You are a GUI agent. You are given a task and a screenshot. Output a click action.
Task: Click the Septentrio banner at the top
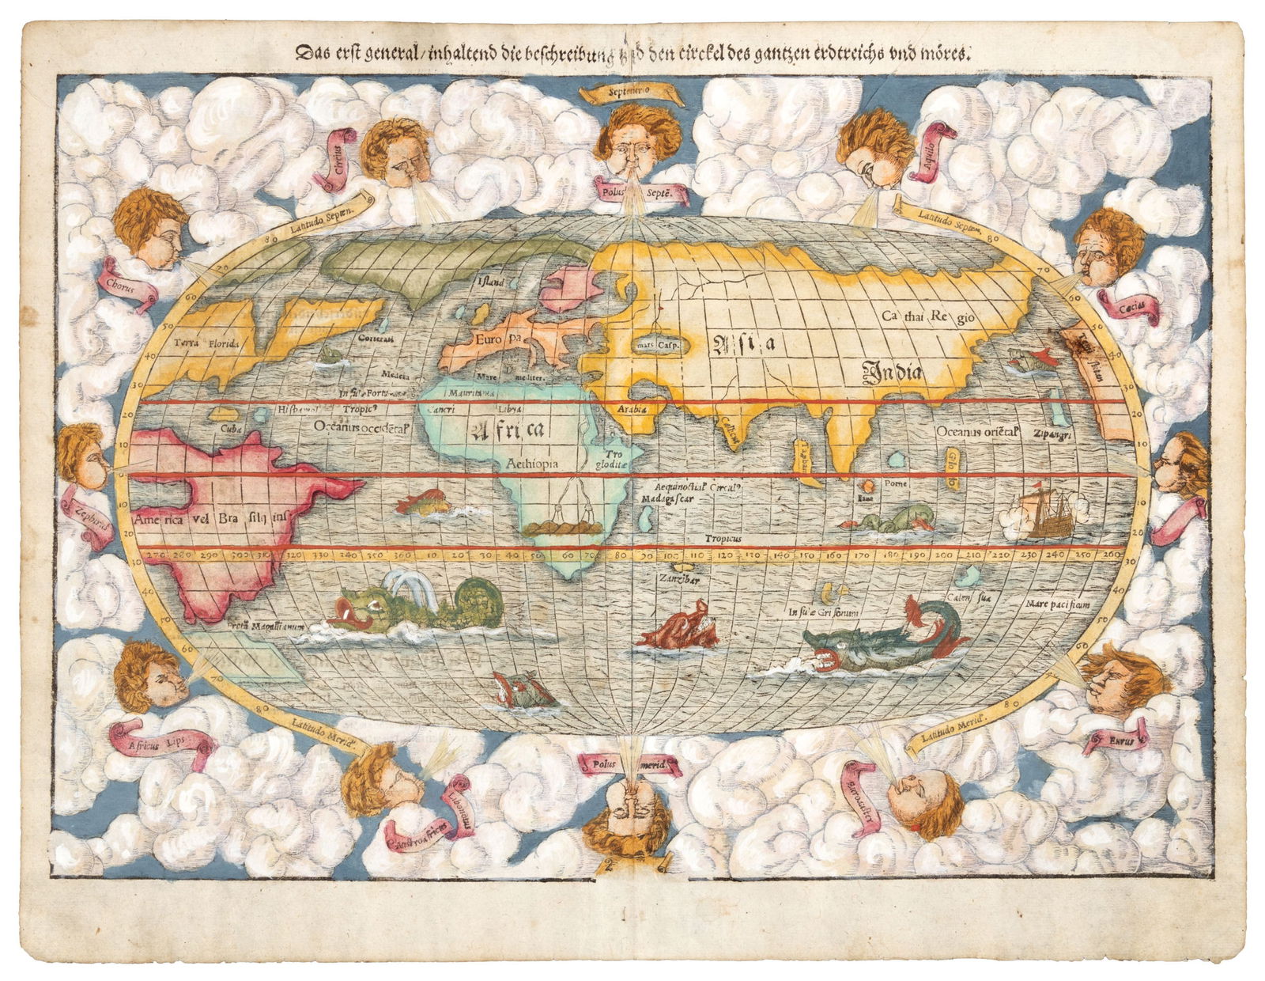click(631, 93)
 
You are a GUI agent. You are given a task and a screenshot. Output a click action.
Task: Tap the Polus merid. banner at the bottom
click(630, 765)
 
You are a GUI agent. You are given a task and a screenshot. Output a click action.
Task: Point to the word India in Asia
click(891, 369)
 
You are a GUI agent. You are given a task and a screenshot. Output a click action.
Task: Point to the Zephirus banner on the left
click(89, 520)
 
